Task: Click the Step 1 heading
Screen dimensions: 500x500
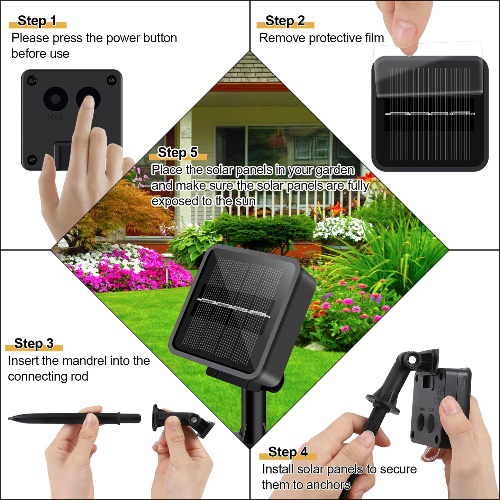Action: tap(37, 21)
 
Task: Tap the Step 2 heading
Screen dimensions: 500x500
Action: tap(285, 21)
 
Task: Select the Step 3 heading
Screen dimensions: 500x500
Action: tap(34, 343)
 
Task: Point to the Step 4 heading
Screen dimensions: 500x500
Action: tap(288, 452)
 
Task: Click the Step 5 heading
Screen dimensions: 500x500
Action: tap(178, 152)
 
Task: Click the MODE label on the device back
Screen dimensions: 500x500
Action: tap(55, 117)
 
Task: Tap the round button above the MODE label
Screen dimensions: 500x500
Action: tap(55, 99)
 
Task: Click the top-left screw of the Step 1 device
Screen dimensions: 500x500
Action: tap(31, 80)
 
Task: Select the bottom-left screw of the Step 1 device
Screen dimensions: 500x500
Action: tap(31, 159)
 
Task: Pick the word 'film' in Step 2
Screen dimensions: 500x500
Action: tap(375, 38)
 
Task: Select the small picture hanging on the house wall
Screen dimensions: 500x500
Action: tap(186, 132)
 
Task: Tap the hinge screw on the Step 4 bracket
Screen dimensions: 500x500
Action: tap(411, 361)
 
